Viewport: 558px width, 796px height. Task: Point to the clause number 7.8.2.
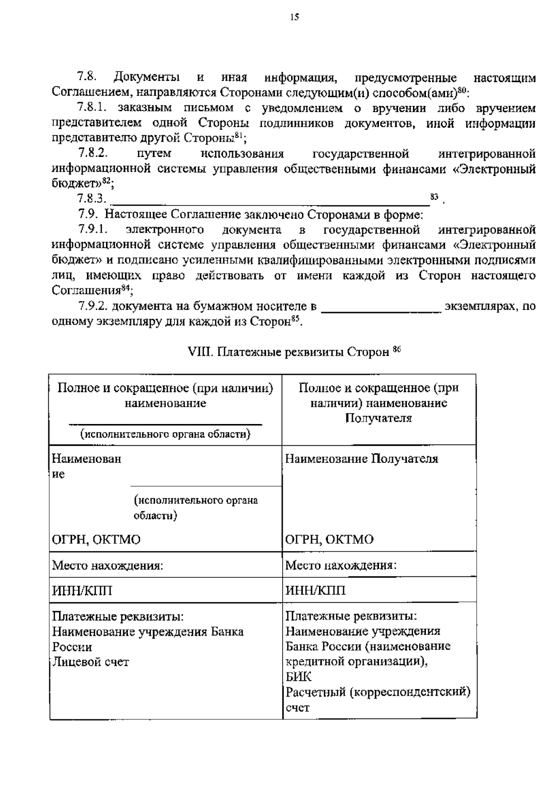click(93, 153)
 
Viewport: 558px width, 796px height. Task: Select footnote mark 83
click(434, 197)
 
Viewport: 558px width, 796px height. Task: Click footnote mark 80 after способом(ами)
click(462, 90)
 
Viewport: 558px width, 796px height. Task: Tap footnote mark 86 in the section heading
click(397, 349)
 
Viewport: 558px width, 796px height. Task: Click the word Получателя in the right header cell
click(379, 418)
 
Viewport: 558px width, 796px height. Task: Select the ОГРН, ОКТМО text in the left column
click(96, 540)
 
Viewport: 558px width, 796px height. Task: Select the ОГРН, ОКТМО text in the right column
click(329, 540)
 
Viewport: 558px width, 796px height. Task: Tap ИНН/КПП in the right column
click(315, 591)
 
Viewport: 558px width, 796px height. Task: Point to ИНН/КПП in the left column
click(82, 591)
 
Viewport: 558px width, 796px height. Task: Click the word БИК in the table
click(299, 677)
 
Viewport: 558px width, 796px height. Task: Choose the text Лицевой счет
click(90, 662)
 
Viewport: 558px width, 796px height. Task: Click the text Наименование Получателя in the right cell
click(361, 459)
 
